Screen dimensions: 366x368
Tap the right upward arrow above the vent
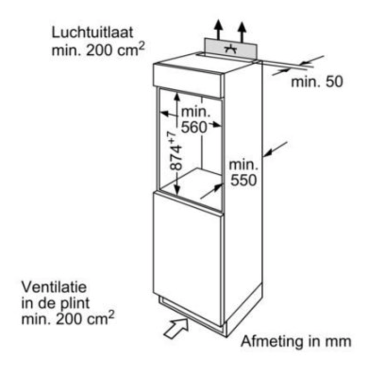pyautogui.click(x=243, y=29)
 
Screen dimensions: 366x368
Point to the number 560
pyautogui.click(x=194, y=127)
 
